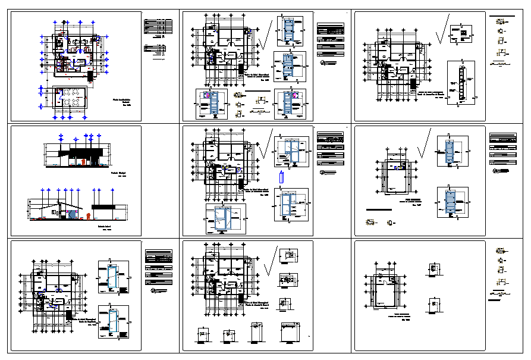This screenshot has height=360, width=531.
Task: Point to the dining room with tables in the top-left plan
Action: tap(68, 98)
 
